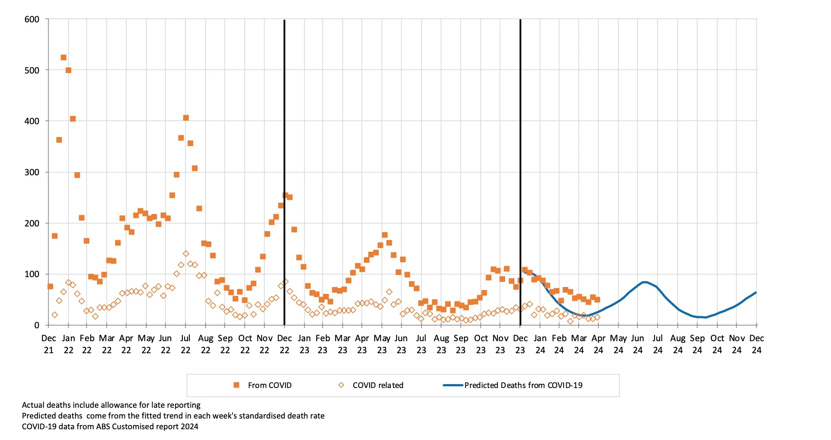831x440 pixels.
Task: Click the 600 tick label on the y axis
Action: [32, 19]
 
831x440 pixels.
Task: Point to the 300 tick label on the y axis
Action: [32, 172]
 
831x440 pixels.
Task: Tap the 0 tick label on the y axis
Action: [37, 325]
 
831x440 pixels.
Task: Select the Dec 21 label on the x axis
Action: [49, 344]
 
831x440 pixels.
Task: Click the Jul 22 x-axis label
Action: [185, 344]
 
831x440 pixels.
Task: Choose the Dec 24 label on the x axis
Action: [756, 344]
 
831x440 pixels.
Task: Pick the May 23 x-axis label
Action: [382, 344]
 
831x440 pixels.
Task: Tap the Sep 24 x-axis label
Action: [697, 344]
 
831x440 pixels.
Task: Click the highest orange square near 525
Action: [64, 58]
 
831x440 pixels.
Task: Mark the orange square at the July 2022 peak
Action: [186, 118]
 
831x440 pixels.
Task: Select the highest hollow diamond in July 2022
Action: [186, 254]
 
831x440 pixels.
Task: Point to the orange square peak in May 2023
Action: [385, 235]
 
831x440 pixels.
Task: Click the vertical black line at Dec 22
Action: [284, 129]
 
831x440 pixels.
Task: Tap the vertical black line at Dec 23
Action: [520, 129]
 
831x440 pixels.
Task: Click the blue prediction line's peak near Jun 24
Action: [645, 282]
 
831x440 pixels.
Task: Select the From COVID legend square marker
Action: [236, 385]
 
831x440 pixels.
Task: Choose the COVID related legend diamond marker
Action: [341, 385]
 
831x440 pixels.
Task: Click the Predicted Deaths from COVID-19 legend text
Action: [523, 385]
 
